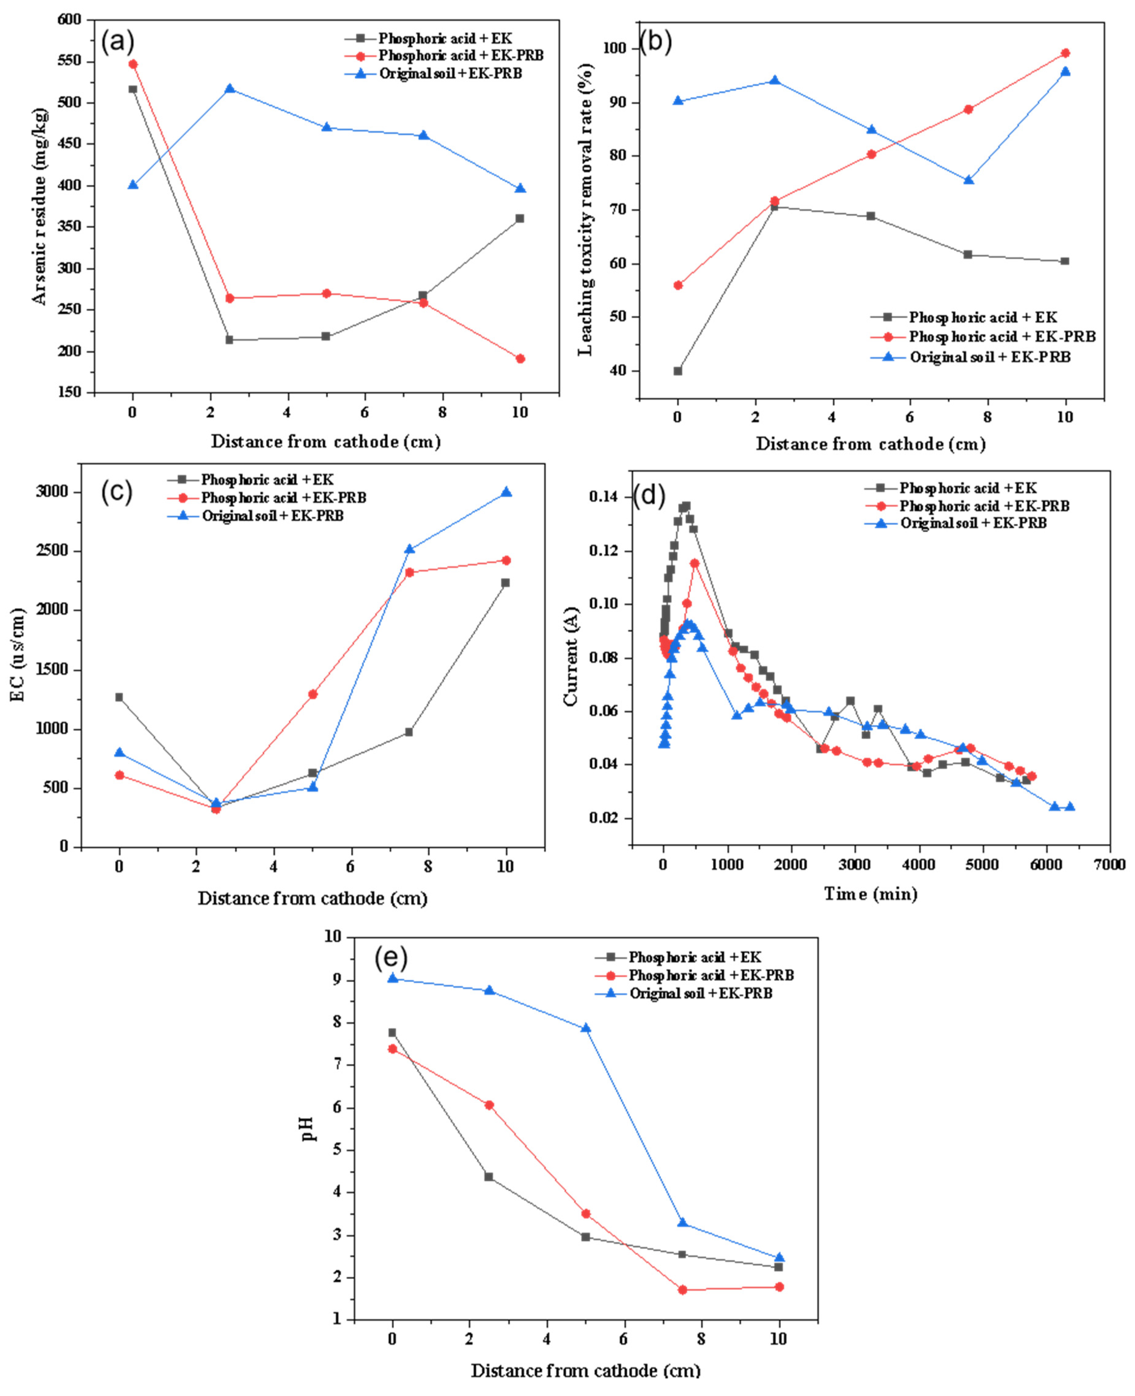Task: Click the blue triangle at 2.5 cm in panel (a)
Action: tap(230, 88)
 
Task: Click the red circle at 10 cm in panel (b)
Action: tap(1065, 53)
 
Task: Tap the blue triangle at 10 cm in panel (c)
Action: tap(506, 492)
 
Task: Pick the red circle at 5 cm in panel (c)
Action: tap(313, 694)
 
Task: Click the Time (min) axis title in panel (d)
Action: tap(870, 894)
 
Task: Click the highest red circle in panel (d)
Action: tap(694, 563)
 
